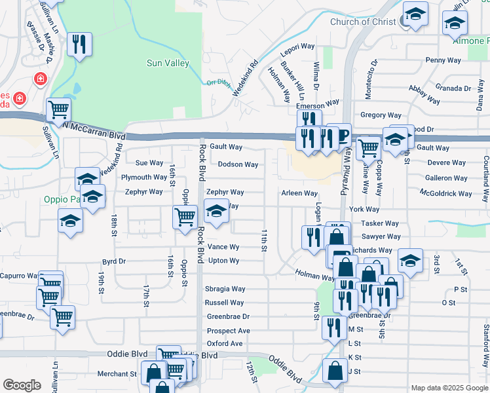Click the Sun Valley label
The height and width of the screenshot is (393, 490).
(x=168, y=64)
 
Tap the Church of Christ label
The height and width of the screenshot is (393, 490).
(x=363, y=22)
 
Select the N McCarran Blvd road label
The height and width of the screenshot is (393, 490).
(x=96, y=130)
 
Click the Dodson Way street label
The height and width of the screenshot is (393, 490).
(x=238, y=164)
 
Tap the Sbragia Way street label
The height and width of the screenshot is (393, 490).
(x=225, y=289)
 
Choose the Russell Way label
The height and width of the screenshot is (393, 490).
(x=224, y=303)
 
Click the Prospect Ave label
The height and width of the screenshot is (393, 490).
(x=229, y=331)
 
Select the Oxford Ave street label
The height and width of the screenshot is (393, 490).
(x=225, y=343)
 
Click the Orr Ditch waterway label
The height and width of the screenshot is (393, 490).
(x=219, y=83)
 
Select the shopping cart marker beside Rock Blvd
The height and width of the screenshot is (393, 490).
(x=185, y=216)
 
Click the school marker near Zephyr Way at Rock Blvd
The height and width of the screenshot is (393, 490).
(x=216, y=211)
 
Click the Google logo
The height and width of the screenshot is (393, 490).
(x=22, y=385)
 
